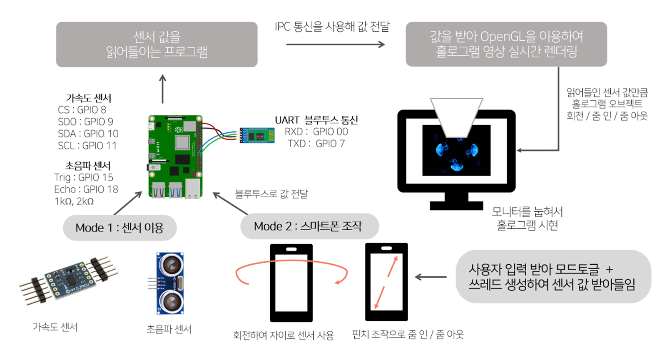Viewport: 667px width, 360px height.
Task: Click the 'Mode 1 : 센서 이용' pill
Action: point(119,228)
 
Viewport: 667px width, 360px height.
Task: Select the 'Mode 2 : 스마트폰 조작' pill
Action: point(309,226)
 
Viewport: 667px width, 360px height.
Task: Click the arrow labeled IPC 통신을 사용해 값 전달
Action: point(335,44)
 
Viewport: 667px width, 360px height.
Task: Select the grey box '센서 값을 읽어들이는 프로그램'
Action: point(157,44)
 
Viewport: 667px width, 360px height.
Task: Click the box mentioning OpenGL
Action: point(506,44)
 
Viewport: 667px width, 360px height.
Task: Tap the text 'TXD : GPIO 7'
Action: point(316,144)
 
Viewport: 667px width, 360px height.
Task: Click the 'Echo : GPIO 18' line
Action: point(86,189)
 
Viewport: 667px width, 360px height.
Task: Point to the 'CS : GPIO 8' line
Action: point(82,110)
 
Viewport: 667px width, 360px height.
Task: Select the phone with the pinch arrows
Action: point(386,282)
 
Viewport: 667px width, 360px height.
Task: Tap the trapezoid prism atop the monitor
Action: point(456,117)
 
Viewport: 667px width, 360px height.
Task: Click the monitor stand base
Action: point(456,206)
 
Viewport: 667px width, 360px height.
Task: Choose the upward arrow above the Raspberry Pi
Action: point(162,89)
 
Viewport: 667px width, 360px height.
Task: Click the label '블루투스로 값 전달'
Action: point(271,194)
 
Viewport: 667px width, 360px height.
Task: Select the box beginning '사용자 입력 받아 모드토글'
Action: point(553,277)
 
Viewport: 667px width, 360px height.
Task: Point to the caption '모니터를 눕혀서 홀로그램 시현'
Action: point(527,218)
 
